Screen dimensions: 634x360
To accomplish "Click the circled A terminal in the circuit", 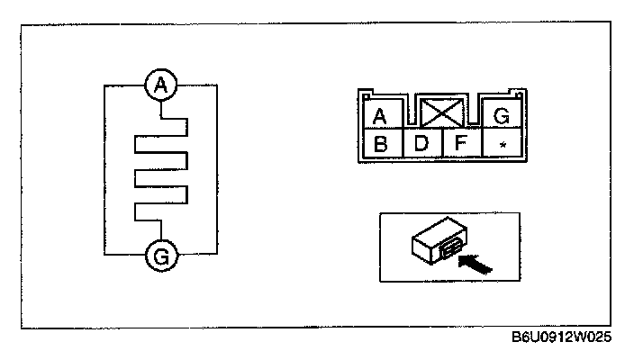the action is pyautogui.click(x=160, y=85).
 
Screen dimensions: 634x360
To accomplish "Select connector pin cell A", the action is pyautogui.click(x=379, y=115).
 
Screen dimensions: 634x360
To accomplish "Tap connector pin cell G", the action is pyautogui.click(x=502, y=114).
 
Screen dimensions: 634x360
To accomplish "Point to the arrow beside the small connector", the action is pyautogui.click(x=475, y=263).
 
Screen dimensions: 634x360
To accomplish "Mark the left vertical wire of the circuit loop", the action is pyautogui.click(x=104, y=171).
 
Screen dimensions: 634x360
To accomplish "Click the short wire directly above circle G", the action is pyautogui.click(x=160, y=231).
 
